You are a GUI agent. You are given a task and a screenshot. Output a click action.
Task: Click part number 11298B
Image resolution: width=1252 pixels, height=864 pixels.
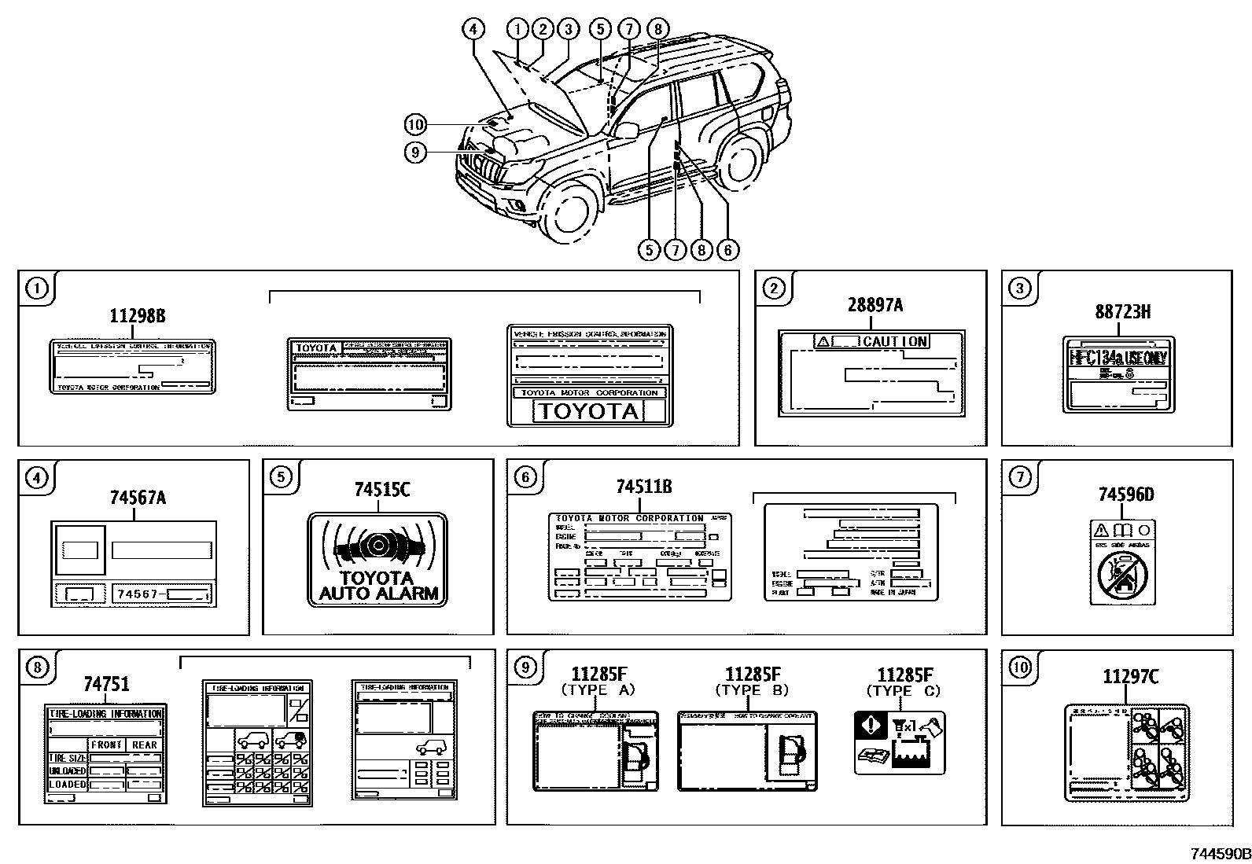[x=137, y=315]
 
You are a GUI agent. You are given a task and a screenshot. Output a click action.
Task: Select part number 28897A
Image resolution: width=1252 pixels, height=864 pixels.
[x=875, y=304]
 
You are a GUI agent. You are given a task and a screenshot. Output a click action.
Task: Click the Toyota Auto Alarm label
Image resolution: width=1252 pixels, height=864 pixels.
[x=377, y=560]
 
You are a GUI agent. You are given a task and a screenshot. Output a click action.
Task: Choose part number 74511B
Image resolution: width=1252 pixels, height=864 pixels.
[x=643, y=487]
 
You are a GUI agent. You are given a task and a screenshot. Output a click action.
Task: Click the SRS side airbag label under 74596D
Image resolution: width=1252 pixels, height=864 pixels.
[x=1122, y=561]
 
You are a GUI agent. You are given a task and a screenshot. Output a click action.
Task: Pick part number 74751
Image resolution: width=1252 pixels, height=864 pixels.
[x=106, y=684]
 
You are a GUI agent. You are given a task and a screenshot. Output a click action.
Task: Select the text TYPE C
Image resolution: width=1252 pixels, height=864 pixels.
[x=903, y=690]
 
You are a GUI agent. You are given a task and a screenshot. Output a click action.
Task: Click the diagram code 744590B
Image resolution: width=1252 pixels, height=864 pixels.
[x=1219, y=854]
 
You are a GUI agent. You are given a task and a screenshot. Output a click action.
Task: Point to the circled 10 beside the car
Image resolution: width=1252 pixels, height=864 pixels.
[x=415, y=124]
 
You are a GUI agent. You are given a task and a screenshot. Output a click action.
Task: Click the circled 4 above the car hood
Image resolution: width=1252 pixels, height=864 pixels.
[x=472, y=30]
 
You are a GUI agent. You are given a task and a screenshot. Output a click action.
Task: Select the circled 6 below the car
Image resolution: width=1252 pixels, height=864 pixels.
[x=727, y=250]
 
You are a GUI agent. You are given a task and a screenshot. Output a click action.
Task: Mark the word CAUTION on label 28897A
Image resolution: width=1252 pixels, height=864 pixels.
[x=895, y=341]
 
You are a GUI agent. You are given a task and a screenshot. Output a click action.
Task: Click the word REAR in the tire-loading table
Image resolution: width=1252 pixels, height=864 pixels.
[x=145, y=745]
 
